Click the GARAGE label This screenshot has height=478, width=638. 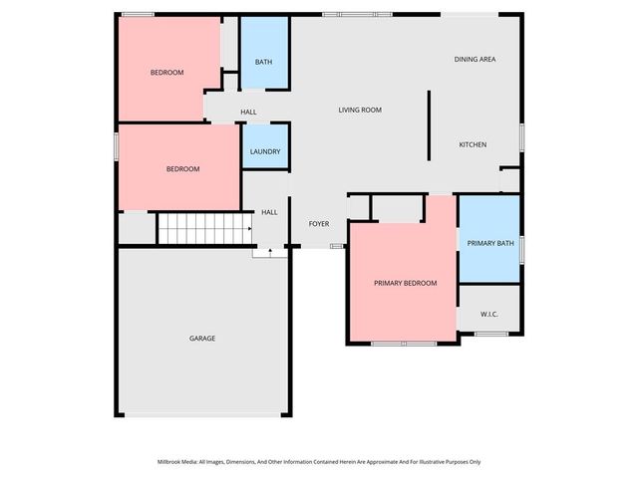[x=202, y=339]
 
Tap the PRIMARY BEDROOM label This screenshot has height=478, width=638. [x=406, y=284]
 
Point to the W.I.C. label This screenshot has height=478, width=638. [x=489, y=315]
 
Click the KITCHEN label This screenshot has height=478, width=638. [x=473, y=145]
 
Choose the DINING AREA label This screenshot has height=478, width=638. [x=476, y=60]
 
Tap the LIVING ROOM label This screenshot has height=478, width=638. [x=360, y=110]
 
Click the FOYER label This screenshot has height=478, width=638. [x=319, y=224]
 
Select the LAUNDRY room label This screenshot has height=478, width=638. [x=265, y=151]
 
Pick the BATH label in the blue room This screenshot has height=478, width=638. [x=263, y=62]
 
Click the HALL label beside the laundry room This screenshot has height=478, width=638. [x=248, y=112]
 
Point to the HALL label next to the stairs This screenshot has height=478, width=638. [x=269, y=212]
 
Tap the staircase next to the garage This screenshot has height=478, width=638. [x=204, y=229]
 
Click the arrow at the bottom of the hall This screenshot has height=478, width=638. [x=269, y=253]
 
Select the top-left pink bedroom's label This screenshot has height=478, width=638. [x=166, y=73]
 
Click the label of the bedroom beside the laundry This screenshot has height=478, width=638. [x=182, y=169]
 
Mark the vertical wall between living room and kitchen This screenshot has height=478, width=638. [x=429, y=126]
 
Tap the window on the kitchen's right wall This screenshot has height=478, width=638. [x=521, y=137]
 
